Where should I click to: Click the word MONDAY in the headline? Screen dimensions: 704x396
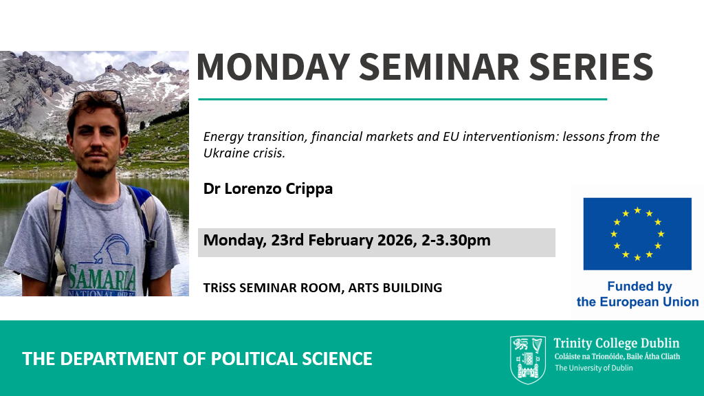click(x=273, y=67)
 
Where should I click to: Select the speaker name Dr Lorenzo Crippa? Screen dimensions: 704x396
click(x=268, y=188)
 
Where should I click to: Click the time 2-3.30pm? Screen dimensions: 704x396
click(x=456, y=241)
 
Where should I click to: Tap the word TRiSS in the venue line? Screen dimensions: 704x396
click(x=219, y=288)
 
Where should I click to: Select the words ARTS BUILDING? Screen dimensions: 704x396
click(x=395, y=288)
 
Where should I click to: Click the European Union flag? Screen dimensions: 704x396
click(x=637, y=234)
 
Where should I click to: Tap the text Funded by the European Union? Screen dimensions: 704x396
click(x=637, y=294)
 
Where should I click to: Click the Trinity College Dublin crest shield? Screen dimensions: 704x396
click(x=528, y=360)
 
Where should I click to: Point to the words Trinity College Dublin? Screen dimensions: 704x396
click(x=617, y=344)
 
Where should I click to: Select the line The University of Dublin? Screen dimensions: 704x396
click(x=593, y=368)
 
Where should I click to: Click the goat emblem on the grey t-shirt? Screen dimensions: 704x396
click(x=111, y=248)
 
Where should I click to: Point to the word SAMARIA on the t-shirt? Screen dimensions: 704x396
click(x=102, y=278)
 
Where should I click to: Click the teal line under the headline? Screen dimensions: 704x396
click(x=403, y=99)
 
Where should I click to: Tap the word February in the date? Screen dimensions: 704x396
click(x=340, y=241)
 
